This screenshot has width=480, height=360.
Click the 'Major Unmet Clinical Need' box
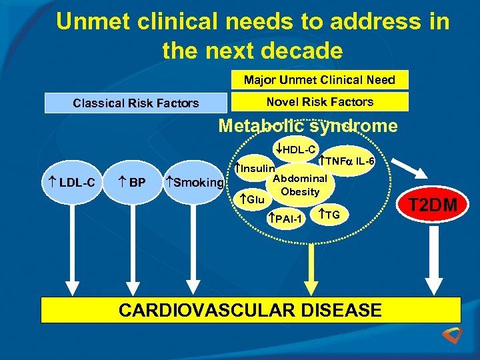(319, 80)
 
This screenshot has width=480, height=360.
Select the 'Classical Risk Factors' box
(135, 103)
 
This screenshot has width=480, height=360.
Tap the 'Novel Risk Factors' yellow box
(319, 102)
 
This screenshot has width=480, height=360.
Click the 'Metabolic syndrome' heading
(308, 126)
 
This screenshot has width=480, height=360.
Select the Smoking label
(195, 182)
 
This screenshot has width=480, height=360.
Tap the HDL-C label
(295, 149)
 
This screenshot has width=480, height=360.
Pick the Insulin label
(256, 168)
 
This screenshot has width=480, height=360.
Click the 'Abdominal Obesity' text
(299, 185)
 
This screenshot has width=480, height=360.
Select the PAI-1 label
(285, 219)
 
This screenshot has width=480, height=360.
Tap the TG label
(330, 215)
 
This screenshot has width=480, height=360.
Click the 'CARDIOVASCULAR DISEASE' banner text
(250, 310)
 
